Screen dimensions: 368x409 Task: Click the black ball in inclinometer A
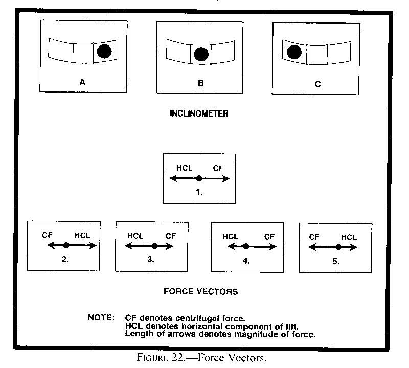pos(104,51)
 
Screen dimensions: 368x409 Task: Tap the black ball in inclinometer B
pos(201,54)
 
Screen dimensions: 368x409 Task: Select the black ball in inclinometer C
pos(294,52)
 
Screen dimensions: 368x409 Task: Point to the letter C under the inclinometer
pos(318,84)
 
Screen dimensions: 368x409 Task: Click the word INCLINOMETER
pos(199,114)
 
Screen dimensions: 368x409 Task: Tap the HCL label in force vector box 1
pos(184,168)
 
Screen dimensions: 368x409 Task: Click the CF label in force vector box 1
pos(217,168)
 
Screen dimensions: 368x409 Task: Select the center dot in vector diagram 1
pos(199,178)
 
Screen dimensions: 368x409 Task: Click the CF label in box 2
pos(48,235)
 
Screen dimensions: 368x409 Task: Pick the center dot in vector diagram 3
pos(155,246)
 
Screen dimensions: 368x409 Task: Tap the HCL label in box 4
pos(231,236)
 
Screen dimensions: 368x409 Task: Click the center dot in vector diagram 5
pos(338,247)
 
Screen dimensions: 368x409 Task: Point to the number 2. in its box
pos(65,259)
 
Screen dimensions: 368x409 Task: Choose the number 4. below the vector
pos(246,260)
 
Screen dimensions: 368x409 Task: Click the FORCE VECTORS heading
pos(200,292)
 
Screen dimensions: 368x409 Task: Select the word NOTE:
pos(102,317)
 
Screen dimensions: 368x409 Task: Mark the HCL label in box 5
pos(349,237)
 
